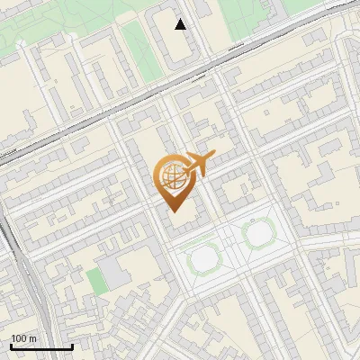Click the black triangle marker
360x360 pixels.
tap(180, 24)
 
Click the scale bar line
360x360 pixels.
tap(41, 346)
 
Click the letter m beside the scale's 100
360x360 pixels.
tap(33, 338)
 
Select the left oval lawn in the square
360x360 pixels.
tap(205, 259)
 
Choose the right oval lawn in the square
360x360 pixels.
tap(258, 235)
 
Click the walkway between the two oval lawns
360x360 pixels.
tap(232, 247)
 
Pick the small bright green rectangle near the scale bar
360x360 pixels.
tap(96, 281)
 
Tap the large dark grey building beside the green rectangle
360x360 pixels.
tap(115, 272)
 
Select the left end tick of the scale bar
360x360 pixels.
tap(11, 346)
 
